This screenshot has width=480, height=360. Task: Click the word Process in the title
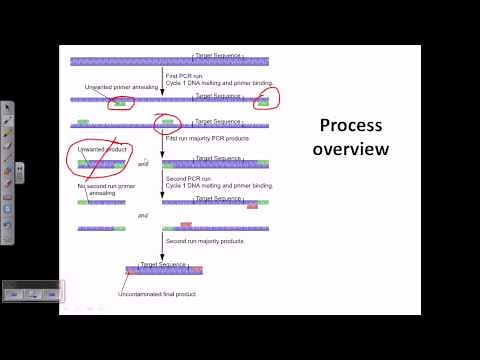point(346,126)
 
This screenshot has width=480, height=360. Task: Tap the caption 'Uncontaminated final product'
point(156,294)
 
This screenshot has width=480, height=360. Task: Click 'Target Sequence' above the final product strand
point(163,264)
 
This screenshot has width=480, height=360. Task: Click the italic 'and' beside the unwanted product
point(143,162)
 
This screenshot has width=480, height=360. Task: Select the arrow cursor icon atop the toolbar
point(8,107)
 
